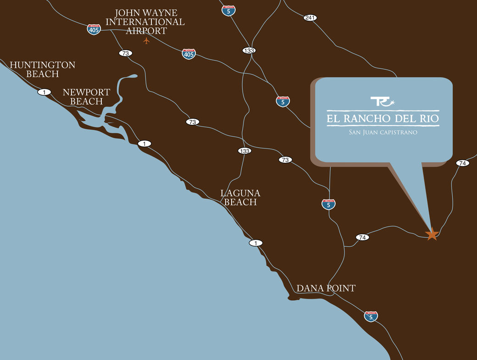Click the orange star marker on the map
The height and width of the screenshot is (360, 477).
431,234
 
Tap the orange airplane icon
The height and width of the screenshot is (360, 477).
146,41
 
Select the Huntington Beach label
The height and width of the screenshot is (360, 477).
42,69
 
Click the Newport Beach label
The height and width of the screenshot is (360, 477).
86,97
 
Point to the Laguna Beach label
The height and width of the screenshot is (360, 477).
240,197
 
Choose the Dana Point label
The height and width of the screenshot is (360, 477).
326,288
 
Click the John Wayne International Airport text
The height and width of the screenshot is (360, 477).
146,22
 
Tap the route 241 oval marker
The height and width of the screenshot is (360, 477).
311,18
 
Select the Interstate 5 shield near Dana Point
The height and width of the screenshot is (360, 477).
371,316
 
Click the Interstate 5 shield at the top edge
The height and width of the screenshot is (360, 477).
228,11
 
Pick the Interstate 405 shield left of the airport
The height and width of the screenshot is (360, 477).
94,29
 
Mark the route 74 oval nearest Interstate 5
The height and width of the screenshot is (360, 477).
362,237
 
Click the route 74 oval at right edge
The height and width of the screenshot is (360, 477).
462,163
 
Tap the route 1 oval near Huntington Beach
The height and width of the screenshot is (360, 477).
44,92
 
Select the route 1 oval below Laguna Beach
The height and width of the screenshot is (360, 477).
256,243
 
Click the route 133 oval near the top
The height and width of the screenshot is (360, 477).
249,50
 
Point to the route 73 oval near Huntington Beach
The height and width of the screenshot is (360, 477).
125,53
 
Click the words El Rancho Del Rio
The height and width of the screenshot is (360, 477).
383,119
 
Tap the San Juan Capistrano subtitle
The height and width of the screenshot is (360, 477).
383,132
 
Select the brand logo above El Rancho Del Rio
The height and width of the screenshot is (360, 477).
382,101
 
